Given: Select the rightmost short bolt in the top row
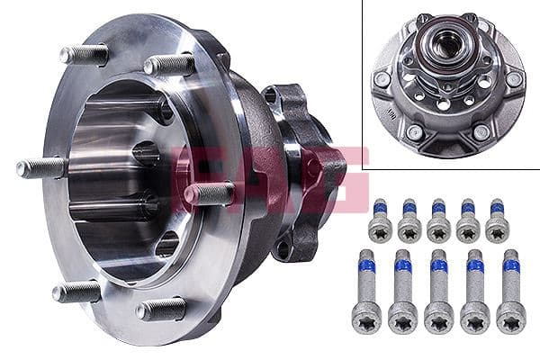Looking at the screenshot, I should click(497, 221).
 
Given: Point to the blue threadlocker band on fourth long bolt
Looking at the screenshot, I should click(474, 265).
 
